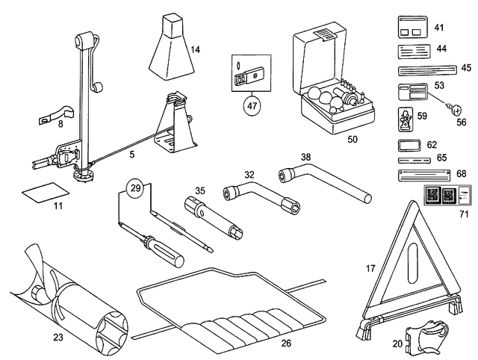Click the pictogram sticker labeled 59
point(406,117)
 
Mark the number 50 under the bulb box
point(352,139)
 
